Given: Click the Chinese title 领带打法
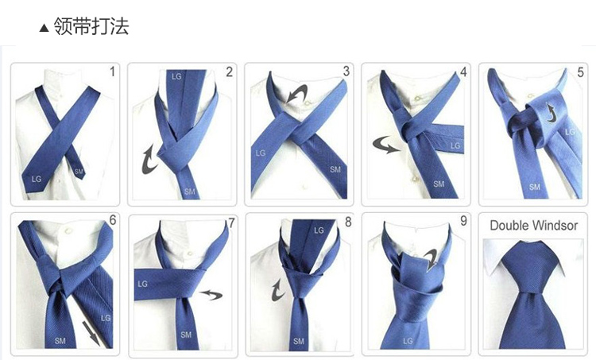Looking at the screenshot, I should click(90, 27).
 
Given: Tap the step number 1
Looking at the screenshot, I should click(112, 72).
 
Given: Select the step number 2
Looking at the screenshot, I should click(229, 72).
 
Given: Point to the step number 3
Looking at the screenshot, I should click(346, 72).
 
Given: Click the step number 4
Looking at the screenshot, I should click(463, 72).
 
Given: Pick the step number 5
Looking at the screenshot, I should click(580, 72).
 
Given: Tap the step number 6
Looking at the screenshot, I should click(112, 222).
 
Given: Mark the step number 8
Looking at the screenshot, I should click(347, 222).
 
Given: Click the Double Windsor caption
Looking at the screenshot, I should click(533, 226).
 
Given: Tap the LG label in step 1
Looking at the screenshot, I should click(36, 179).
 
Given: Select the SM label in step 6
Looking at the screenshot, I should click(60, 341).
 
